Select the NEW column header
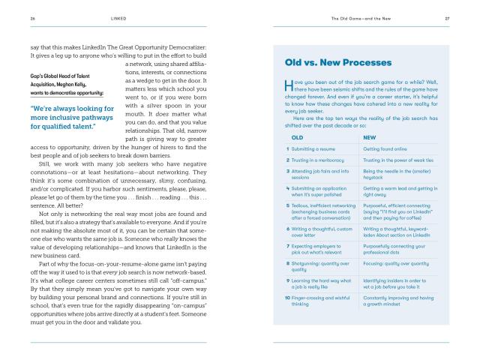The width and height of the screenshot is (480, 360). (369, 137)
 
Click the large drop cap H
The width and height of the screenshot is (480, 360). (289, 85)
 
